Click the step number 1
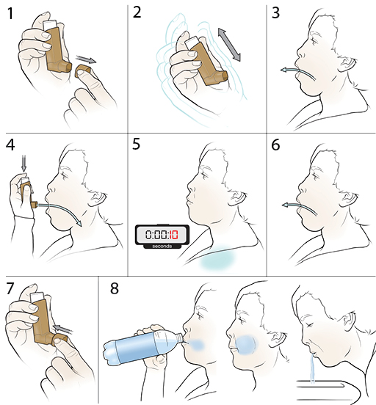coord(10,13)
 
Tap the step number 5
coord(136,144)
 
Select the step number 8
coord(115,288)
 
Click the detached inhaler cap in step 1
coord(83,71)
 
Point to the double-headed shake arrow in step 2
coord(229,45)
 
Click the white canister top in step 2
coord(192,42)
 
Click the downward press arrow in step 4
coord(23,163)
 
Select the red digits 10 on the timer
coord(173,235)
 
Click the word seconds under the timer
coord(162,246)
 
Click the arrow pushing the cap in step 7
coord(62,328)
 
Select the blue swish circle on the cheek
coord(246,346)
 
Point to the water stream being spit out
coord(312,368)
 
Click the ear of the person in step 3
coord(347,65)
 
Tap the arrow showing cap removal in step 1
coord(86,59)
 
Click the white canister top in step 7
coord(37,296)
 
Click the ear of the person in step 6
coord(348,199)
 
